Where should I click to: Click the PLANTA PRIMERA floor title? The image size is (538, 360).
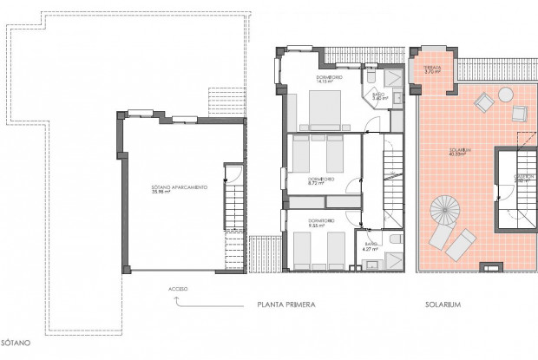tap(285, 305)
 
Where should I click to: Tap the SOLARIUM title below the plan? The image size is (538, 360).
tap(442, 305)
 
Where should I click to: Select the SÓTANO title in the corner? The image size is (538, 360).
tap(16, 344)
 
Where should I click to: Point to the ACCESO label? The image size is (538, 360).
tap(179, 288)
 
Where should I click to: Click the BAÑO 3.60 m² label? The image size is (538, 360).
tap(378, 96)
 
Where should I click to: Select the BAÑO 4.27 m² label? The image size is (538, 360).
tap(371, 248)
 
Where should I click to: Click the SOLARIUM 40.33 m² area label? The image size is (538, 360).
tap(460, 153)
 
